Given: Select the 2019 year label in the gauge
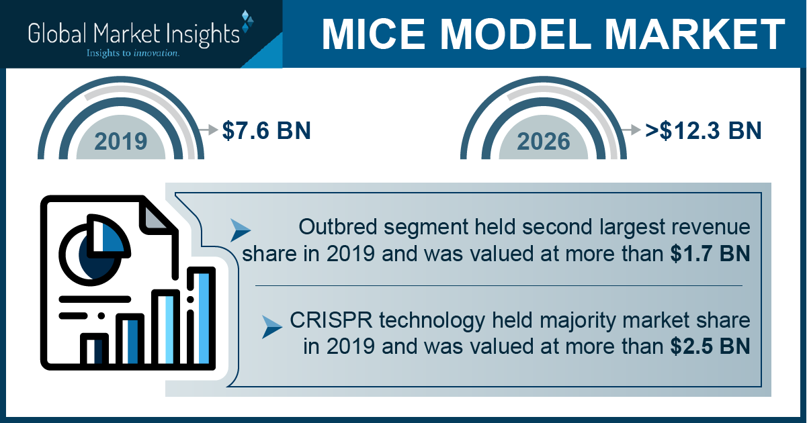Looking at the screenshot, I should (x=121, y=141).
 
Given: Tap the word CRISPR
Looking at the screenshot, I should (x=326, y=320).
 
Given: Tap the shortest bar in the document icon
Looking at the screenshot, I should (x=95, y=348).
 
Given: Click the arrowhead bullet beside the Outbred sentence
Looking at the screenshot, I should (x=240, y=230).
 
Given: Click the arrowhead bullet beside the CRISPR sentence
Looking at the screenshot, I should (x=272, y=325).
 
